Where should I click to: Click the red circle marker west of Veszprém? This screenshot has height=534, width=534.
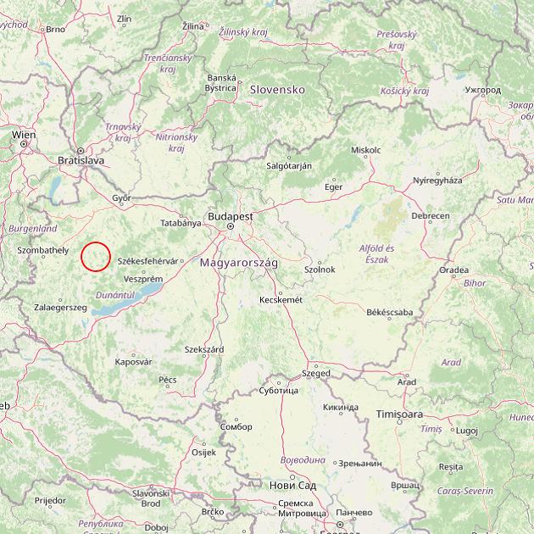coord(96,256)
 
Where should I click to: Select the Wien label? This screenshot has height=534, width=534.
coord(24,135)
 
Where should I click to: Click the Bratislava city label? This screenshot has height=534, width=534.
coord(81,159)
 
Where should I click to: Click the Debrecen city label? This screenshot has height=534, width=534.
coord(431,216)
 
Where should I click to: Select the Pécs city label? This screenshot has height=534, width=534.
coord(168,380)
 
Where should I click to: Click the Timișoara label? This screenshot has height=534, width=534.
coord(399,414)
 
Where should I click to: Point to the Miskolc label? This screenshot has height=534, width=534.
coord(365,150)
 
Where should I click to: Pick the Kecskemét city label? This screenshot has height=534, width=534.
coord(281,299)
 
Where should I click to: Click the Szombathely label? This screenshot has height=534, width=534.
coord(42,250)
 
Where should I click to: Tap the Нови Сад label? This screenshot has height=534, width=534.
coord(292,486)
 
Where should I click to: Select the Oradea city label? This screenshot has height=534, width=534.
coord(453,270)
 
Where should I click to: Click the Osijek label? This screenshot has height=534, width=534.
coord(204,452)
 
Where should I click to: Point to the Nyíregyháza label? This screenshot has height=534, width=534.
coord(437,181)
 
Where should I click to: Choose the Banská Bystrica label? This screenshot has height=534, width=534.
coord(220,82)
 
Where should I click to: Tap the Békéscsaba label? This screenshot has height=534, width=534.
coord(389,313)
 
